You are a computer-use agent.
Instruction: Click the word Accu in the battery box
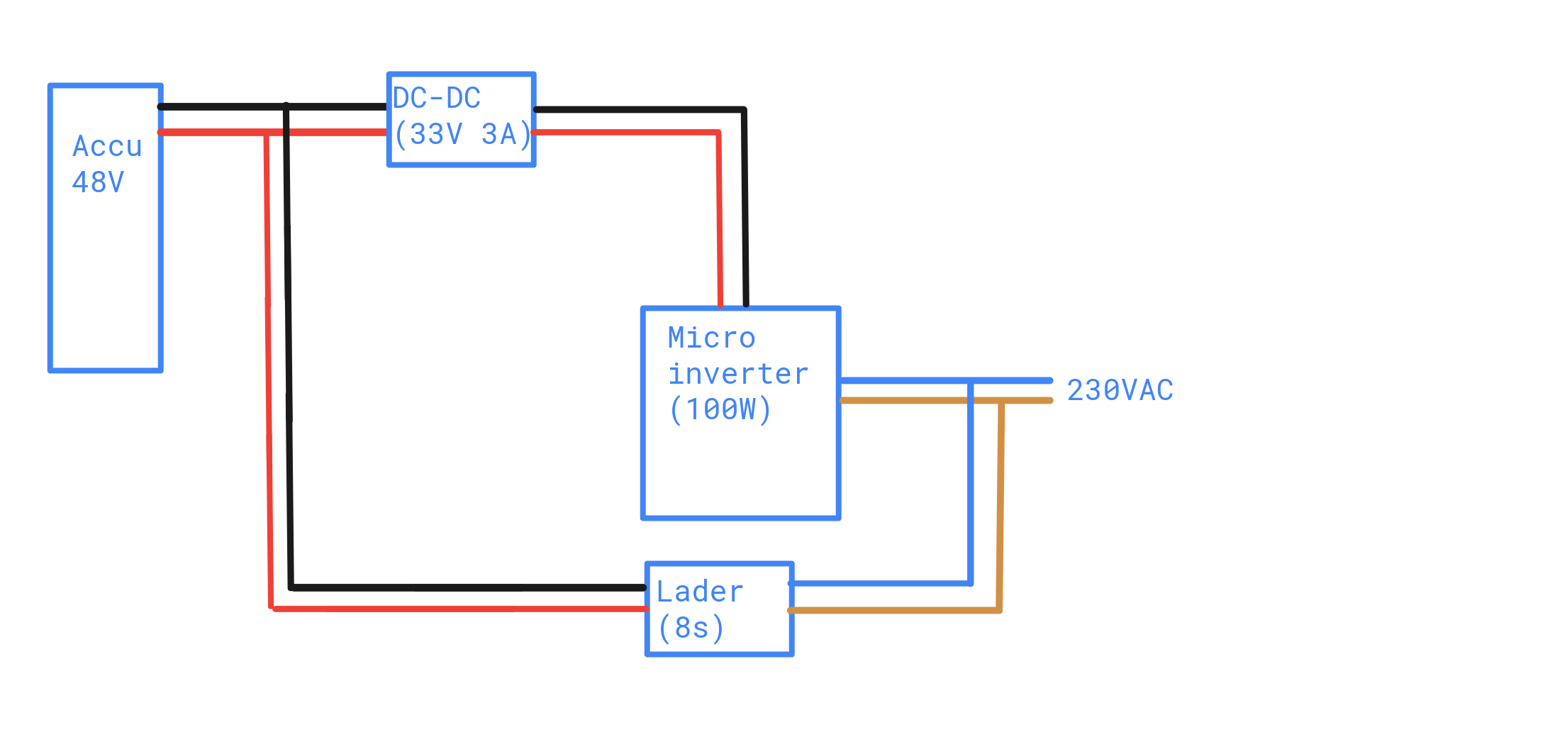(108, 147)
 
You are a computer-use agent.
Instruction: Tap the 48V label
(99, 182)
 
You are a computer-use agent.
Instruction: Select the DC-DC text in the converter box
(437, 98)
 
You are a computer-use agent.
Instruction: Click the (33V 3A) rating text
(462, 134)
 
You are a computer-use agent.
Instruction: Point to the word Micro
(712, 338)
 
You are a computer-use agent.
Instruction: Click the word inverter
(738, 374)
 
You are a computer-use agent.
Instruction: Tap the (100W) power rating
(720, 409)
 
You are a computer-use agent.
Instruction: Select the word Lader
(700, 592)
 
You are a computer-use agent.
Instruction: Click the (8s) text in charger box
(691, 628)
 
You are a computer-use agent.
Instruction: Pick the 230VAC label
(1120, 390)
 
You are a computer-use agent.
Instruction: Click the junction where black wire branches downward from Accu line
(286, 107)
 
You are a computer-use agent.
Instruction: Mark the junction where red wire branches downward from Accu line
(267, 133)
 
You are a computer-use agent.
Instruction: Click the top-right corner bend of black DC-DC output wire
(744, 110)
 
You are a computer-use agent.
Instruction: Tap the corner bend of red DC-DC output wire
(718, 133)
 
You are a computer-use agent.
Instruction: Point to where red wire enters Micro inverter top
(720, 306)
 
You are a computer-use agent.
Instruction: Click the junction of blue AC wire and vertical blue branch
(970, 382)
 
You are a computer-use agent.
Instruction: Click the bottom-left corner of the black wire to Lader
(291, 587)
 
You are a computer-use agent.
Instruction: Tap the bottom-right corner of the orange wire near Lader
(999, 609)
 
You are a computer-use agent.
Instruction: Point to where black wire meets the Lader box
(645, 587)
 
